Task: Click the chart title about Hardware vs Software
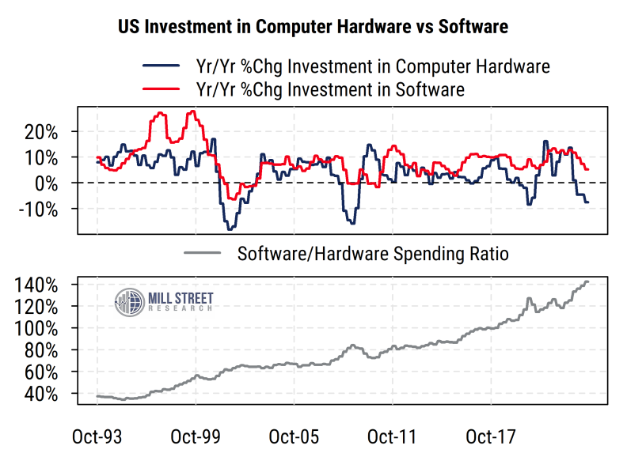[313, 27]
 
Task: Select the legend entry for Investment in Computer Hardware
[372, 66]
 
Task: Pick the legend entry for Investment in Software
[329, 89]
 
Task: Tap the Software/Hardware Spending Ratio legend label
[372, 254]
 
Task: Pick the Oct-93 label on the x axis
[97, 436]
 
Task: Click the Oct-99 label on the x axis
[196, 436]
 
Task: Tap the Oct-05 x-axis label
[294, 436]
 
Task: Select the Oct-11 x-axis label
[392, 436]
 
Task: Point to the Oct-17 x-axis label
[490, 436]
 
